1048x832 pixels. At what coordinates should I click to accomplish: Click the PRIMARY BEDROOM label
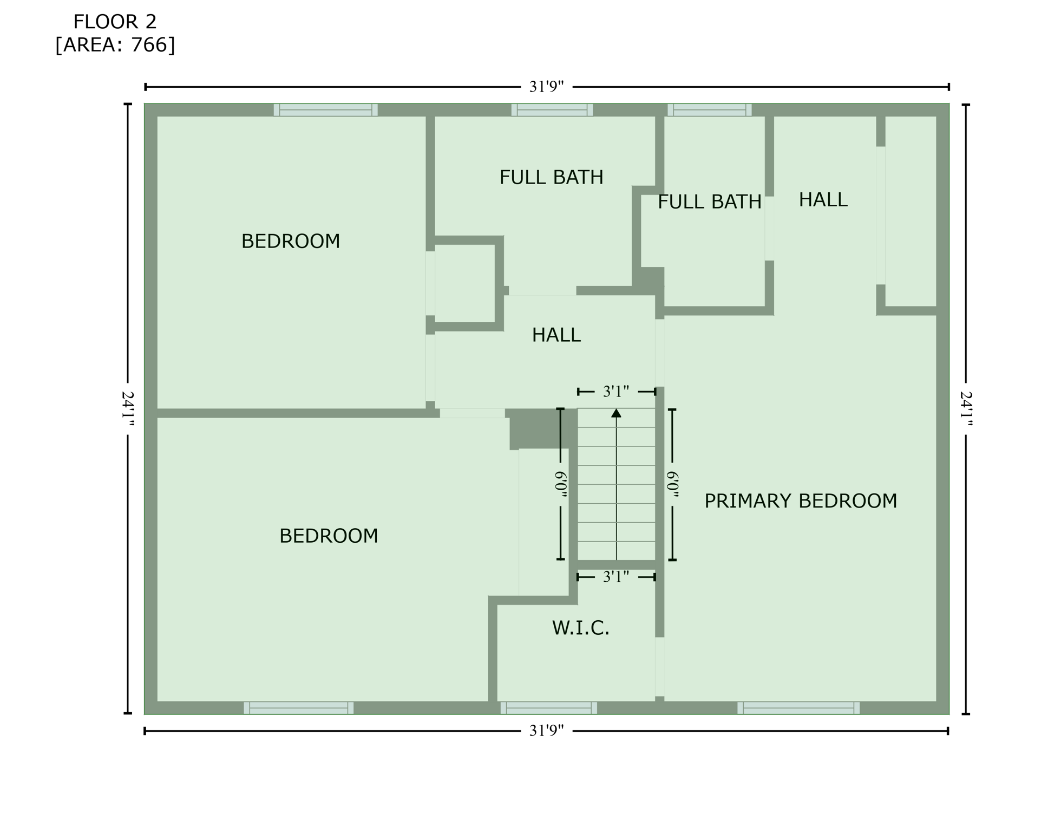pyautogui.click(x=800, y=501)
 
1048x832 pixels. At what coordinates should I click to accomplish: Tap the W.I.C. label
pyautogui.click(x=580, y=628)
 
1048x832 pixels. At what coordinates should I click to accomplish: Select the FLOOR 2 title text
pyautogui.click(x=115, y=22)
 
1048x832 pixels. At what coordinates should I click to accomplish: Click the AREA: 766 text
pyautogui.click(x=115, y=45)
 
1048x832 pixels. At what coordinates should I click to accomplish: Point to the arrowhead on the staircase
pyautogui.click(x=616, y=413)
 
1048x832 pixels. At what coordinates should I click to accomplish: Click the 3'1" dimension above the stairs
pyautogui.click(x=616, y=391)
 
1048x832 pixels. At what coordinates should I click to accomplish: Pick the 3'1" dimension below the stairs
pyautogui.click(x=616, y=577)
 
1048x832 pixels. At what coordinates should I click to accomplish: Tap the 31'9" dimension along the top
pyautogui.click(x=546, y=87)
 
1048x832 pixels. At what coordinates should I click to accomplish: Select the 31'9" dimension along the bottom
pyautogui.click(x=546, y=731)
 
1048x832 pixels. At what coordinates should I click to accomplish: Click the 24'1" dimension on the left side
pyautogui.click(x=128, y=409)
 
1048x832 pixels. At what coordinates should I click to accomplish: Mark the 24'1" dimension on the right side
pyautogui.click(x=966, y=409)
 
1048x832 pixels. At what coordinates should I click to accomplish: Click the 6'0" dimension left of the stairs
pyautogui.click(x=561, y=484)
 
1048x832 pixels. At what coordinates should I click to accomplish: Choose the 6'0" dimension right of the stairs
pyautogui.click(x=672, y=484)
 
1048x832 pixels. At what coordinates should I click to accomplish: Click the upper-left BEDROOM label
pyautogui.click(x=291, y=241)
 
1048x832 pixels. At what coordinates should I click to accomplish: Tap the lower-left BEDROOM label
pyautogui.click(x=329, y=536)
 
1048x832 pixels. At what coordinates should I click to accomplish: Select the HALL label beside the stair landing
pyautogui.click(x=556, y=335)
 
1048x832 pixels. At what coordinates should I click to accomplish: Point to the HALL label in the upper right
pyautogui.click(x=823, y=200)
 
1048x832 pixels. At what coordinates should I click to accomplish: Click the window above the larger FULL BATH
pyautogui.click(x=552, y=110)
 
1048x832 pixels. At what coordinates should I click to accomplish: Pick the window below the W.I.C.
pyautogui.click(x=548, y=707)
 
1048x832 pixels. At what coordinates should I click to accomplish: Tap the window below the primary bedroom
pyautogui.click(x=798, y=707)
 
